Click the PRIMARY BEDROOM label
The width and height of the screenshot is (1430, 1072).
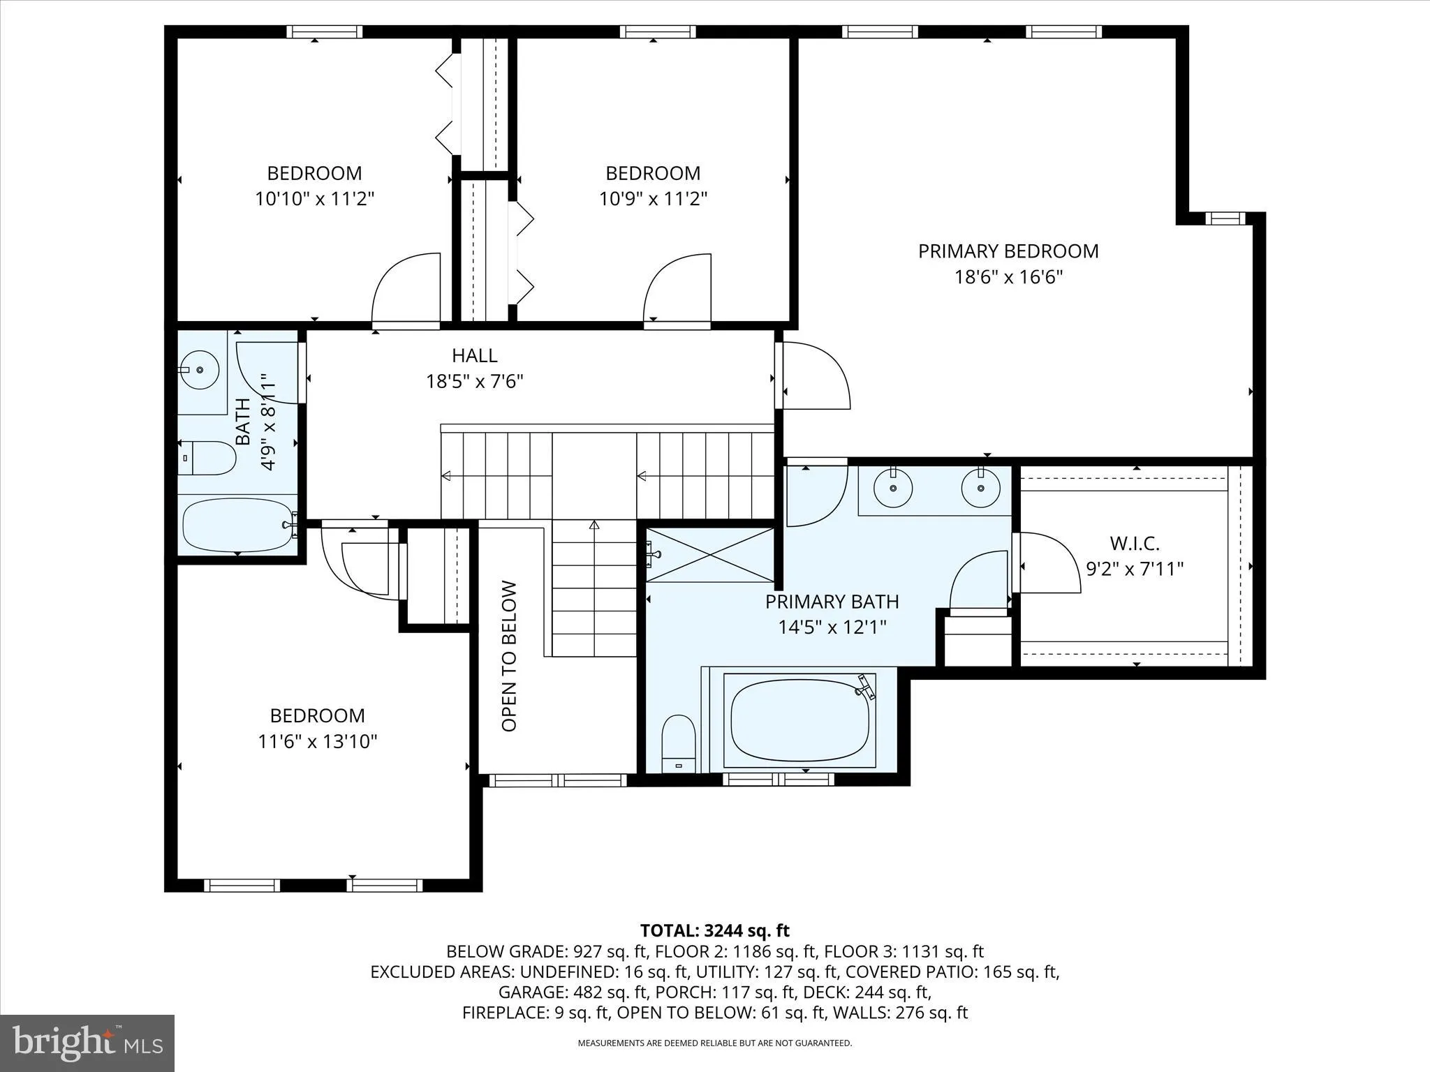[x=1008, y=251]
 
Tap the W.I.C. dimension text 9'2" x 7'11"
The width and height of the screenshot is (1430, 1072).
[x=1135, y=569]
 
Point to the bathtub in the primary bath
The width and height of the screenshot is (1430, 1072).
[x=799, y=720]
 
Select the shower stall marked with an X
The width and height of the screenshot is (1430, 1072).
[x=709, y=555]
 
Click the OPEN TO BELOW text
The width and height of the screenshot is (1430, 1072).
[x=509, y=656]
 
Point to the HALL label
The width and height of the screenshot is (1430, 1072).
[x=474, y=355]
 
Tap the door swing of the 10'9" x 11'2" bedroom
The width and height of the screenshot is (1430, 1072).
[x=677, y=290]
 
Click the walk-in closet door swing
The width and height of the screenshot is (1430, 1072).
[x=1047, y=563]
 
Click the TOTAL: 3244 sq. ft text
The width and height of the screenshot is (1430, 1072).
[x=714, y=930]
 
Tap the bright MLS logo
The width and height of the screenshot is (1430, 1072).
[x=87, y=1043]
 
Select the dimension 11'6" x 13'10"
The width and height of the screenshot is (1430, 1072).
[x=318, y=741]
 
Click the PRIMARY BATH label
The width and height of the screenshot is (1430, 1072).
[x=832, y=602]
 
